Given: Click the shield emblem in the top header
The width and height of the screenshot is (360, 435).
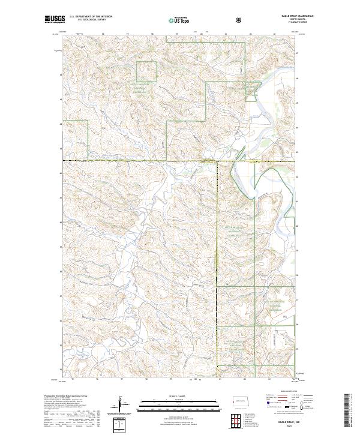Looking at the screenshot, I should pos(240,20).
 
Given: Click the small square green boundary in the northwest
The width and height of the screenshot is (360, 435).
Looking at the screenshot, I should pos(146,71).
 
